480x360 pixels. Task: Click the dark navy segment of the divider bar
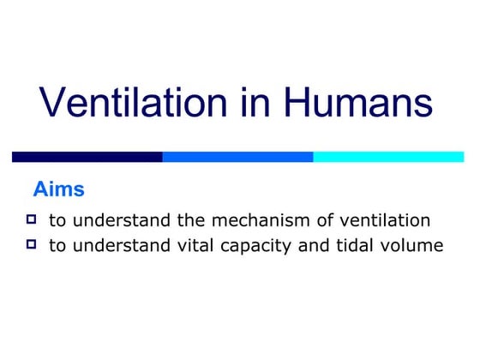[87, 157]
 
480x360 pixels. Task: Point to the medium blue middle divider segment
[237, 157]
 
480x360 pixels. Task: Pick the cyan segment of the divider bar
[388, 157]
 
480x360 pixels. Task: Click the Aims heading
[58, 188]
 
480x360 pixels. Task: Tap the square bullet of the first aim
[33, 219]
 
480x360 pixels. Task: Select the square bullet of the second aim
[33, 245]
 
